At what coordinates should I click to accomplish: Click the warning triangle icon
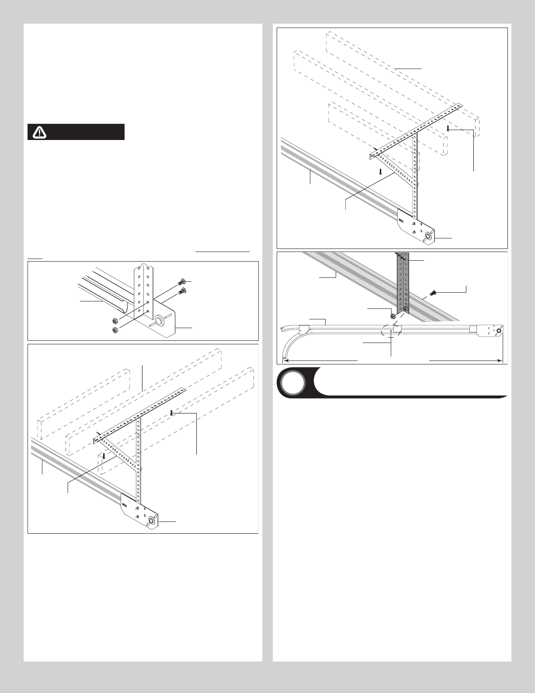coord(40,132)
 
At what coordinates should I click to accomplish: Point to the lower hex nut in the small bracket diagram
coord(115,330)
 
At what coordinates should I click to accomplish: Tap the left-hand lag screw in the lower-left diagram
coord(104,456)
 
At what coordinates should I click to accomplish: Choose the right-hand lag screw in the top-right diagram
coord(448,128)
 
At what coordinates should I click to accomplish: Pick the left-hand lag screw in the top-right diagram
coord(381,171)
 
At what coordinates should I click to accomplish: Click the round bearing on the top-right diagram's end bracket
coord(427,238)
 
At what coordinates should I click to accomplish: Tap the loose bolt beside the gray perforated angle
coord(434,292)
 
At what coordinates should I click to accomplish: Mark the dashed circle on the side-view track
coord(391,331)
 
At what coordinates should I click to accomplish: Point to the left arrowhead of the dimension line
coord(285,360)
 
